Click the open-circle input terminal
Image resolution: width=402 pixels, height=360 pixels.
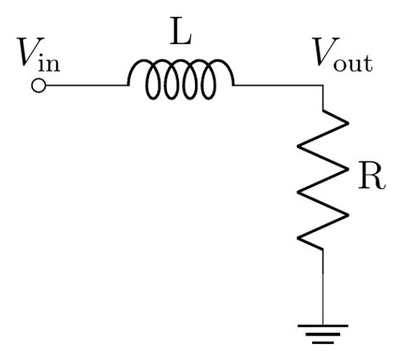(x=37, y=86)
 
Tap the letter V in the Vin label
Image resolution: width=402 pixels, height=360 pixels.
(x=26, y=55)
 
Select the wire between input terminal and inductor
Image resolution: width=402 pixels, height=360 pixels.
(x=85, y=86)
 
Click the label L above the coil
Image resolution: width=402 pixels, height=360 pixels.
(x=181, y=36)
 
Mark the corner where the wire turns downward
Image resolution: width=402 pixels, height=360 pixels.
(x=323, y=86)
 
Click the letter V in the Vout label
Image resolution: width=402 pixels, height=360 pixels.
(x=325, y=55)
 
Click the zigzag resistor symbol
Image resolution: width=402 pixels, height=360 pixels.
(x=323, y=178)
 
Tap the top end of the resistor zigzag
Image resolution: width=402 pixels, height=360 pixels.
(x=323, y=109)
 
